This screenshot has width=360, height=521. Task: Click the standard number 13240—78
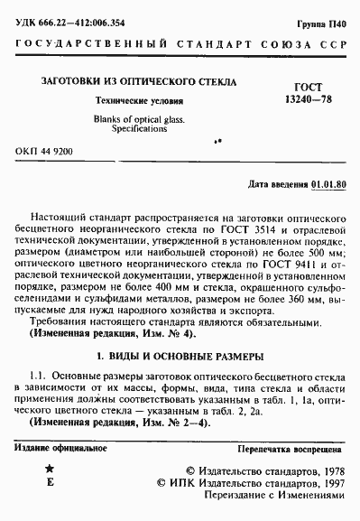[309, 98]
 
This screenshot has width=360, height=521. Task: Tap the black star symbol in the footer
[50, 470]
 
